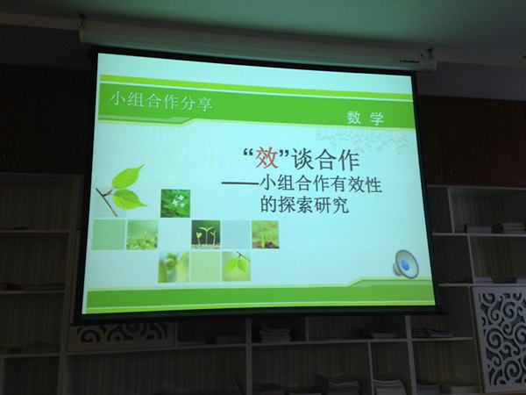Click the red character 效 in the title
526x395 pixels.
tap(267, 158)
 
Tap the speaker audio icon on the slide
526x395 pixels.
tap(406, 264)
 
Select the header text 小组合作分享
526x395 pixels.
tap(161, 101)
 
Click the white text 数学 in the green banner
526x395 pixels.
tap(366, 118)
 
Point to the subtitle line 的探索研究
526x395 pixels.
tap(305, 204)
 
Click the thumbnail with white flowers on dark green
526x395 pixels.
tap(175, 204)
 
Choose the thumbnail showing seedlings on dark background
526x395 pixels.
tap(206, 234)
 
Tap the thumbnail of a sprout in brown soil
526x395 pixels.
tap(266, 234)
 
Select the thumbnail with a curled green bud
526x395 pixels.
tap(174, 267)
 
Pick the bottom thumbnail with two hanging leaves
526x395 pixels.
tap(236, 266)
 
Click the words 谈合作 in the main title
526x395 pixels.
tap(326, 160)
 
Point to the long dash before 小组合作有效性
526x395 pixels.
tap(240, 183)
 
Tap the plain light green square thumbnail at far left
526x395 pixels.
tap(109, 234)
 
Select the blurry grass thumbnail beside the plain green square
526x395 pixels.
tap(142, 234)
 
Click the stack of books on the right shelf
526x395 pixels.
tap(508, 227)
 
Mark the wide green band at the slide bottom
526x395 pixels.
tap(260, 298)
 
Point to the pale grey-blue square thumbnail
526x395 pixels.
tap(236, 234)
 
